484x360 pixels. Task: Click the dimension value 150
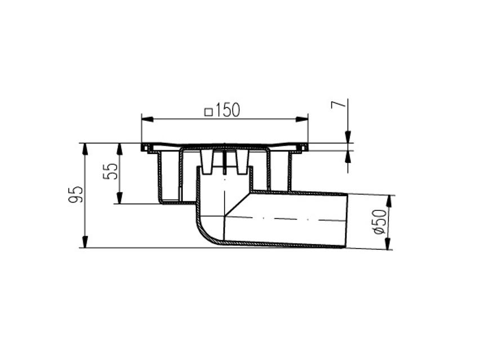click(x=228, y=111)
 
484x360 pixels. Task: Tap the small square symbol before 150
click(x=208, y=112)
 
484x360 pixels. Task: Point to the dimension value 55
click(x=112, y=171)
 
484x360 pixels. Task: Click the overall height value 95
click(x=77, y=195)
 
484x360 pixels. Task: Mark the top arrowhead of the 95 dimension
click(x=85, y=149)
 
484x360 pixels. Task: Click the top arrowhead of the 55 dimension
click(x=119, y=149)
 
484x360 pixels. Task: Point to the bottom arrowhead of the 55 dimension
click(x=119, y=197)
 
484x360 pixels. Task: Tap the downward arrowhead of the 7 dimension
click(x=348, y=137)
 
